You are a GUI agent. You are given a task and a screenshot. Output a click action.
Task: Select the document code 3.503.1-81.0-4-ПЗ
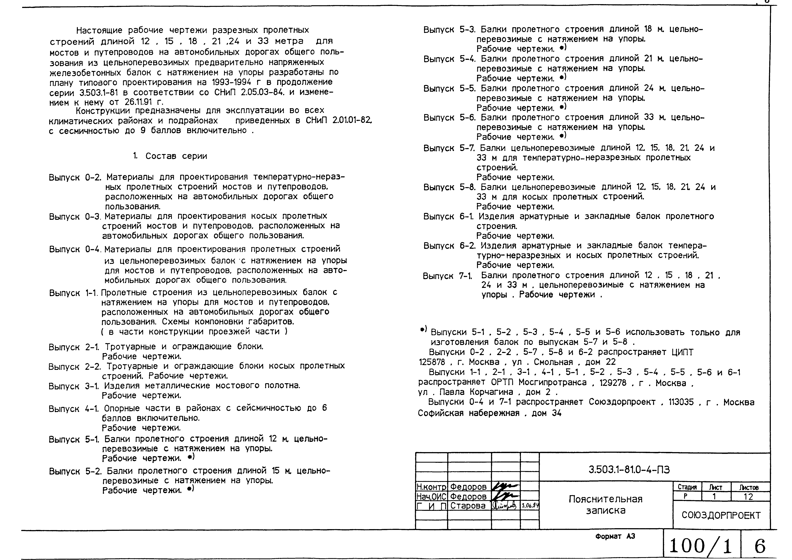(x=629, y=470)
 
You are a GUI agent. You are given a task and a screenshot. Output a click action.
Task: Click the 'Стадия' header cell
(x=687, y=487)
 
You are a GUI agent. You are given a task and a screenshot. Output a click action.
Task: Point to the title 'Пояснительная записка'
(x=606, y=504)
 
